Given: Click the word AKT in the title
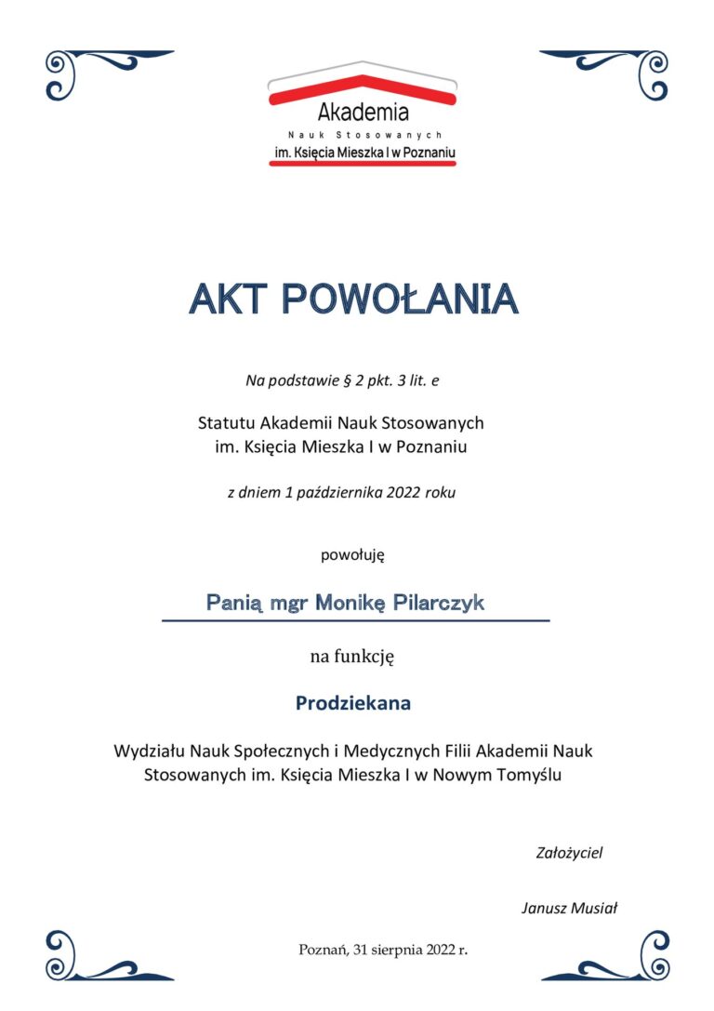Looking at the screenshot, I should point(227,299).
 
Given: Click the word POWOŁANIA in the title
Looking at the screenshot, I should point(399,299).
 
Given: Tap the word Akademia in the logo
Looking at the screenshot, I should point(363,113).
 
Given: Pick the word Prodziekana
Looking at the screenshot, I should point(353,704).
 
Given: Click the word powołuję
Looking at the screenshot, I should point(352,555).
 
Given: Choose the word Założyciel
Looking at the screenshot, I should point(570,852).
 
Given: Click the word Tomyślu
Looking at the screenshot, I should point(529,774).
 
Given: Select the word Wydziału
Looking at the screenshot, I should point(150,750).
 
